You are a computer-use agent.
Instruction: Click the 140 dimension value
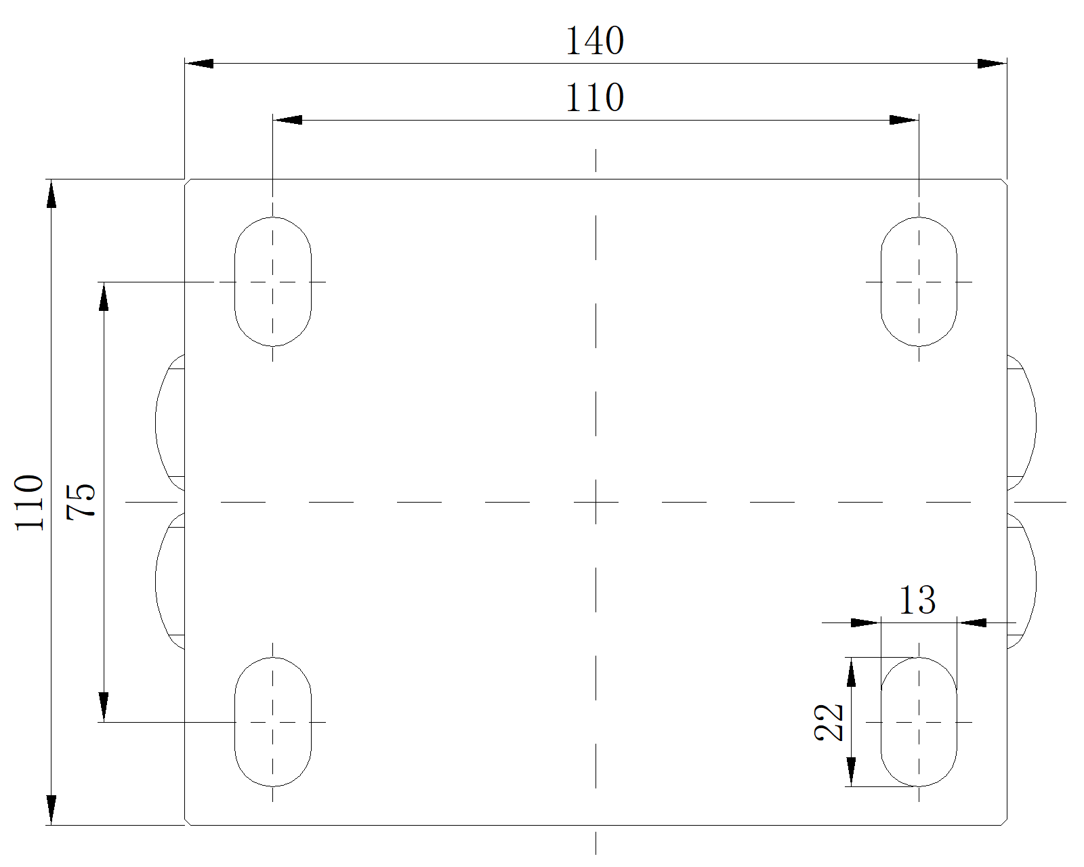pyautogui.click(x=594, y=41)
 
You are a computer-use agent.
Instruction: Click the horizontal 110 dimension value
pyautogui.click(x=594, y=98)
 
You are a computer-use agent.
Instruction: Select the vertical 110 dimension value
pyautogui.click(x=30, y=502)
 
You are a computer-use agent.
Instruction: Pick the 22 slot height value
pyautogui.click(x=829, y=722)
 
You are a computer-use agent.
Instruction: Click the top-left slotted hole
pyautogui.click(x=273, y=282)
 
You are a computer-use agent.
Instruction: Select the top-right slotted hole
pyautogui.click(x=919, y=282)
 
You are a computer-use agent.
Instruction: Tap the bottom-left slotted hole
pyautogui.click(x=273, y=722)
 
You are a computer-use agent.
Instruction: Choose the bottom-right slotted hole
pyautogui.click(x=919, y=722)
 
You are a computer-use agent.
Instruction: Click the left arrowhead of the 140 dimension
pyautogui.click(x=199, y=64)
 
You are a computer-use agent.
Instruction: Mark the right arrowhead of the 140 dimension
pyautogui.click(x=992, y=64)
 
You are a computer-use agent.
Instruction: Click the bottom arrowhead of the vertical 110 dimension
pyautogui.click(x=51, y=810)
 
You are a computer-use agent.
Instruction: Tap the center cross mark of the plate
pyautogui.click(x=596, y=503)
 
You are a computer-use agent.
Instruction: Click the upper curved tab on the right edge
pyautogui.click(x=1022, y=422)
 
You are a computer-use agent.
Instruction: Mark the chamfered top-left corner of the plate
pyautogui.click(x=188, y=182)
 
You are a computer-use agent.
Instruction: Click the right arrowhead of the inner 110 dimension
pyautogui.click(x=904, y=121)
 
